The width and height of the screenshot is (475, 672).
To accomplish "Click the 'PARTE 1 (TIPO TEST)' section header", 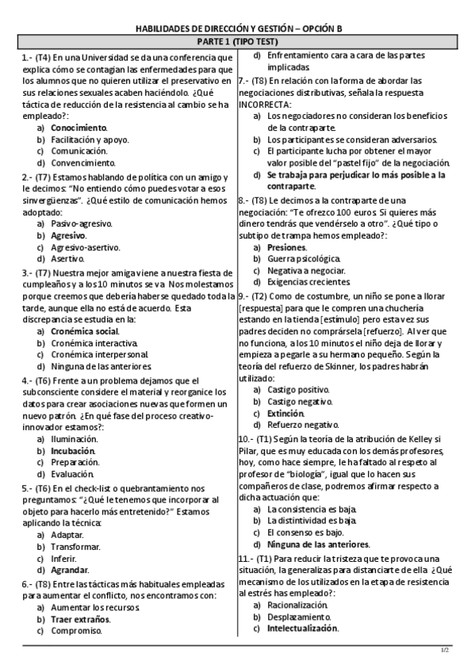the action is (237, 43).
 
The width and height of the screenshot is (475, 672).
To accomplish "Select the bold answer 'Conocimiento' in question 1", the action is (79, 127).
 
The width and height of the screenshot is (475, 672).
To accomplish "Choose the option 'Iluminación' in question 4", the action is (75, 438).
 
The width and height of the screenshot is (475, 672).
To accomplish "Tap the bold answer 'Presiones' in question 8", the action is (287, 247).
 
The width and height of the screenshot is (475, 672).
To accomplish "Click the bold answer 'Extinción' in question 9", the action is (286, 414).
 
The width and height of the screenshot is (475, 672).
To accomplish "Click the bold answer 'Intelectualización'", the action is (303, 628).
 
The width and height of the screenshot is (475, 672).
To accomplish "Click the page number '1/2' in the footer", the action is (445, 651).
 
